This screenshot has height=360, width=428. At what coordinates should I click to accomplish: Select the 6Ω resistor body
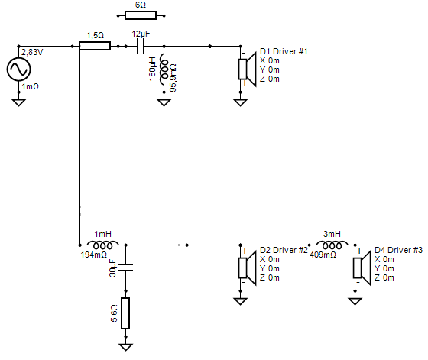[x=141, y=15]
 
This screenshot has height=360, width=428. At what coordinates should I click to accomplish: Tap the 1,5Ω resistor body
[x=95, y=46]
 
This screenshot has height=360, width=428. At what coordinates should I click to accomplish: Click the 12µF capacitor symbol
[x=141, y=46]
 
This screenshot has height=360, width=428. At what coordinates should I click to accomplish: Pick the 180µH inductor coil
[x=164, y=70]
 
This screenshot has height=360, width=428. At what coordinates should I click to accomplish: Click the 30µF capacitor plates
[x=125, y=268]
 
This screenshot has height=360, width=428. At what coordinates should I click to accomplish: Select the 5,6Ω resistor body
[x=125, y=313]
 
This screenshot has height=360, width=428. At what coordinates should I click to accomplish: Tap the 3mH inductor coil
[x=332, y=245]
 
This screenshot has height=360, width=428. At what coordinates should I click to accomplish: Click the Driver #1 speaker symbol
[x=247, y=70]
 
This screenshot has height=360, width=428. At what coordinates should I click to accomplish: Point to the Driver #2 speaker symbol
[x=247, y=268]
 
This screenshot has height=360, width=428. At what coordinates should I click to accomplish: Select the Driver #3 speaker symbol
[x=362, y=268]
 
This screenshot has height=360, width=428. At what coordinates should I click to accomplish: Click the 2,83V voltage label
[x=32, y=52]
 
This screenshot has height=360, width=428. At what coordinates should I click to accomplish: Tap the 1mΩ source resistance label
[x=31, y=87]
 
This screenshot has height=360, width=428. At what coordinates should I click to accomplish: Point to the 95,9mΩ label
[x=173, y=78]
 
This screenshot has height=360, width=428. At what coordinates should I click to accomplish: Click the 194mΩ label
[x=94, y=255]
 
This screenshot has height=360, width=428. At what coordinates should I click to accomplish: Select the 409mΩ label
[x=323, y=255]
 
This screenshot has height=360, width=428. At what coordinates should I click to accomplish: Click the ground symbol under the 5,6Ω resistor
[x=125, y=347]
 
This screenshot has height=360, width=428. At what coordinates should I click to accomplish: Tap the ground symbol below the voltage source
[x=18, y=102]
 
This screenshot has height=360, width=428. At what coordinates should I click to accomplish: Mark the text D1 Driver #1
[x=284, y=51]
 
